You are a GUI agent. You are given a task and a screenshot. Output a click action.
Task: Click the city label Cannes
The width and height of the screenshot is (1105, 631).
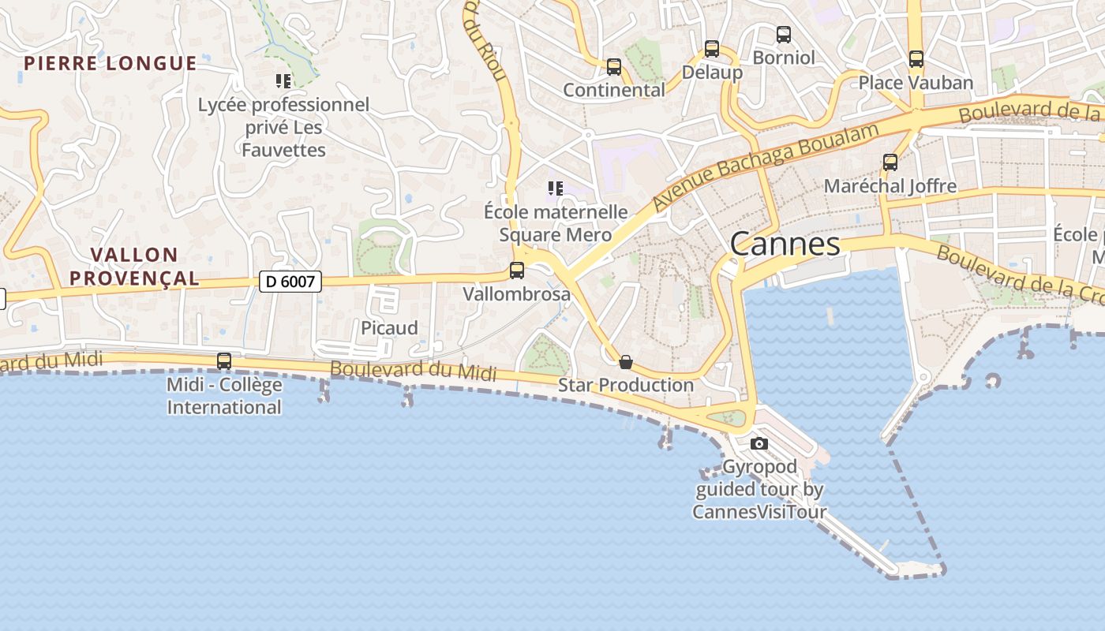click(x=785, y=245)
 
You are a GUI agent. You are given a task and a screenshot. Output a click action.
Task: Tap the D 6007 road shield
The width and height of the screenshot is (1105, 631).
click(x=290, y=281)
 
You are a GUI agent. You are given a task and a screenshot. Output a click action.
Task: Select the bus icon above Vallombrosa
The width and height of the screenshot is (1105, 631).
click(x=517, y=271)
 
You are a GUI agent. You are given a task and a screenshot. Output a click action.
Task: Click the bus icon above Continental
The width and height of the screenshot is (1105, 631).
click(x=614, y=67)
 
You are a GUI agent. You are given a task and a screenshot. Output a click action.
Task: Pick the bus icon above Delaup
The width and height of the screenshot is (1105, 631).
click(x=712, y=49)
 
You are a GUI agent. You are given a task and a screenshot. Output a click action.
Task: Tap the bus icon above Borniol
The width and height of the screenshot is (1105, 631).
click(x=783, y=35)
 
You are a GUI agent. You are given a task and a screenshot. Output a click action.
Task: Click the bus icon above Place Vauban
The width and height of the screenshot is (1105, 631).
click(x=916, y=59)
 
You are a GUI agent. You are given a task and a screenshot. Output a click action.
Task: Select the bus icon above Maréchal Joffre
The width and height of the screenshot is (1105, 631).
click(x=890, y=162)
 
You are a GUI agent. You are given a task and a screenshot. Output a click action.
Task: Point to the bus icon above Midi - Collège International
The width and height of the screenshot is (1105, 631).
click(x=224, y=361)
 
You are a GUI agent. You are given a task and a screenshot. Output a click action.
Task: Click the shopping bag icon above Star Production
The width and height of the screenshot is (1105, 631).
click(x=626, y=362)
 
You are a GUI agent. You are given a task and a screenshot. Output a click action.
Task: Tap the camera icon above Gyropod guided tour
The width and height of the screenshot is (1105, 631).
click(x=759, y=443)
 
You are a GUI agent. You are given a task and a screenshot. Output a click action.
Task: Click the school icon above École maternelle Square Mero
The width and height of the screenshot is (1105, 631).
click(x=555, y=189)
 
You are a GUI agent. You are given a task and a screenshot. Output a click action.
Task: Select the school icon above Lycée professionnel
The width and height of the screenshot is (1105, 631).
click(x=283, y=80)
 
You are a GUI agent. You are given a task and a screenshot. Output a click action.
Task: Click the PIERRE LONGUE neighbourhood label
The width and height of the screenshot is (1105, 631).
click(x=110, y=64)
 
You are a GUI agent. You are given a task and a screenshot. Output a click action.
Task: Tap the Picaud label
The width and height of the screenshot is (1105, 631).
click(x=389, y=328)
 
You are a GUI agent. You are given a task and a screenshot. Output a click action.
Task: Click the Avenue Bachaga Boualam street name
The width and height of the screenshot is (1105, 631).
click(x=766, y=166)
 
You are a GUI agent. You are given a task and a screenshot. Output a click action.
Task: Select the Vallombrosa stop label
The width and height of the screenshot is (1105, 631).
click(x=516, y=295)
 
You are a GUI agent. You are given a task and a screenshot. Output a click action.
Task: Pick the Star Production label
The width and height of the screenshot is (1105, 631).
click(x=626, y=386)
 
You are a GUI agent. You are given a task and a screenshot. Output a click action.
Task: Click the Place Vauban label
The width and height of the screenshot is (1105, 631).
click(x=916, y=83)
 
